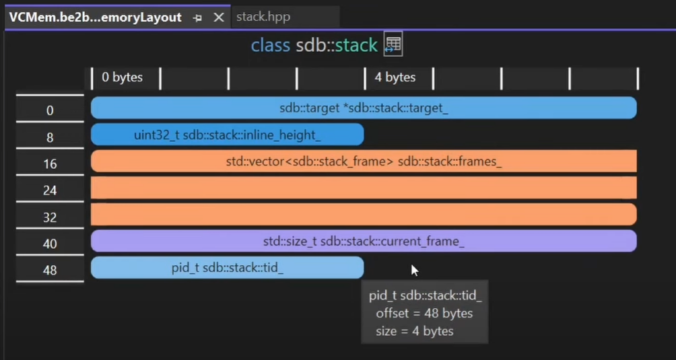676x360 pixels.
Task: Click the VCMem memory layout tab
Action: (95, 17)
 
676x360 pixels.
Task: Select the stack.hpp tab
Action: (263, 17)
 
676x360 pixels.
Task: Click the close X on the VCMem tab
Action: (219, 18)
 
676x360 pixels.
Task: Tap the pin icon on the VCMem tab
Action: (197, 18)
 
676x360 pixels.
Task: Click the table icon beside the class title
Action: (393, 45)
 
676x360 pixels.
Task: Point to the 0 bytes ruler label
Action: (122, 77)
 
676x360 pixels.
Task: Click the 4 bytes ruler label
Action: (395, 77)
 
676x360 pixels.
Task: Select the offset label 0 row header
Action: (50, 110)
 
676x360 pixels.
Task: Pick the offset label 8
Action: (50, 137)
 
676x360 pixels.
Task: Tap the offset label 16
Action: (50, 164)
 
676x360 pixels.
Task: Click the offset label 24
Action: (50, 190)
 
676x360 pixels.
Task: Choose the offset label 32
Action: (50, 217)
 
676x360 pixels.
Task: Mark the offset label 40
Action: (50, 244)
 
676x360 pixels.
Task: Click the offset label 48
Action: (50, 270)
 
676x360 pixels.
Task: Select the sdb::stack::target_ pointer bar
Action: (364, 108)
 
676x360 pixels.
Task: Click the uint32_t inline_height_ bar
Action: (227, 135)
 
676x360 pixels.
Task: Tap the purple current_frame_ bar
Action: (364, 241)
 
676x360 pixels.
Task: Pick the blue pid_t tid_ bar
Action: (227, 268)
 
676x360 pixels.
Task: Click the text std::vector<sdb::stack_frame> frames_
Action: (364, 161)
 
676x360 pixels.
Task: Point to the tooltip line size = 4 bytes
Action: (415, 331)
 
